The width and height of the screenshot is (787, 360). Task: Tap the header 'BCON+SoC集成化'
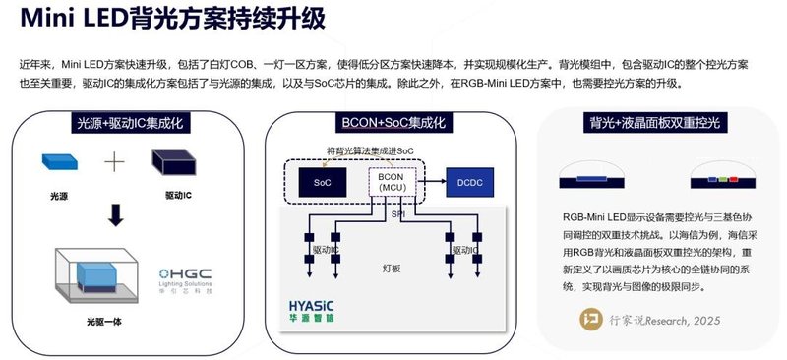393,124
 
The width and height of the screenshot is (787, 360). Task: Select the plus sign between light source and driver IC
116,162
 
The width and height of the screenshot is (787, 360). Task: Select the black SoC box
323,183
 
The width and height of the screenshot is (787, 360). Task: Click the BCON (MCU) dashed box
395,183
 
